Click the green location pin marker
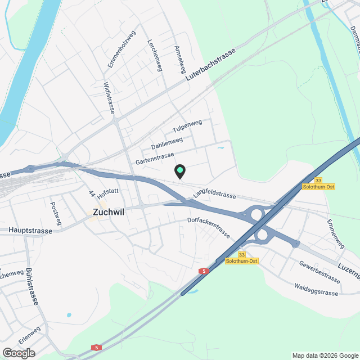[x=179, y=170]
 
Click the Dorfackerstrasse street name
[x=209, y=227]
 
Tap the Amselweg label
[x=181, y=60]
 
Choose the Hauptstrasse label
[x=30, y=231]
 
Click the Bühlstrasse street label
[x=31, y=286]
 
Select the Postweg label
[x=55, y=214]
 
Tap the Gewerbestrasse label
[x=319, y=272]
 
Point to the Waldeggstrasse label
[x=316, y=289]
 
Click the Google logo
[x=18, y=353]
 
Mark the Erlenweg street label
[x=29, y=336]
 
